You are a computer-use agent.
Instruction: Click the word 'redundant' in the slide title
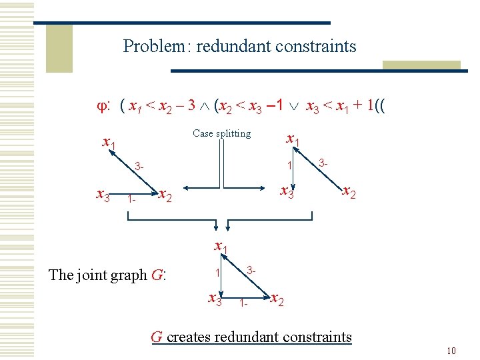[227, 47]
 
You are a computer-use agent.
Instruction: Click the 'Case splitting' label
[221, 133]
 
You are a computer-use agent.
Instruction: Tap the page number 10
[451, 351]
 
